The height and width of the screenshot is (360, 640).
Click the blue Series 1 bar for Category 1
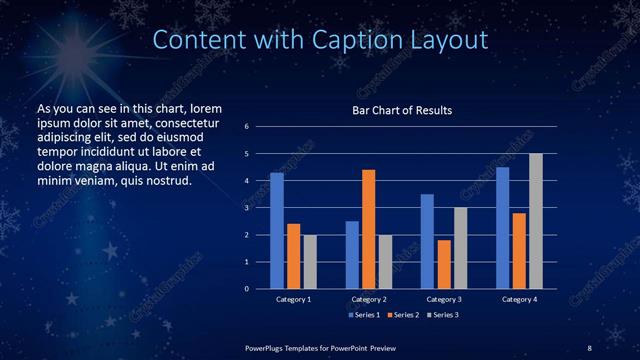[277, 231]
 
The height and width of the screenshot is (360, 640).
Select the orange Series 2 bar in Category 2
[368, 229]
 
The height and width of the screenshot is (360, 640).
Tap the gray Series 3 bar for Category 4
[535, 221]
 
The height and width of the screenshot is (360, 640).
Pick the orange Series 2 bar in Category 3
[443, 264]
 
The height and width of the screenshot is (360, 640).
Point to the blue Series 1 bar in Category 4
[502, 228]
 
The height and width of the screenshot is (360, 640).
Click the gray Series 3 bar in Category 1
[309, 262]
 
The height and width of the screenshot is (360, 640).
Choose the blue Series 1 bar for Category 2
[352, 255]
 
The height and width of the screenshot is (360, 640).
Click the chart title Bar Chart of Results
[402, 110]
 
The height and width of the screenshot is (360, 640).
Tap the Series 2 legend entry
[403, 315]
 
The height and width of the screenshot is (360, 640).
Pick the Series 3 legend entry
[442, 315]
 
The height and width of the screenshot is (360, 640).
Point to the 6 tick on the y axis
[246, 127]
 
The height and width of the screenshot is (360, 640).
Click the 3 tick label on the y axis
[246, 208]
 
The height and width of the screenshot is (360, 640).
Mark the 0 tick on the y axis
[246, 289]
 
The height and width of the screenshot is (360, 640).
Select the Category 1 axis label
[293, 299]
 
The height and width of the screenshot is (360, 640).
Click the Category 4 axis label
[518, 299]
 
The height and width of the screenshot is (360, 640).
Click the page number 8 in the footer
[589, 347]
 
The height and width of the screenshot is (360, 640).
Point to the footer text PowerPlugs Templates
[289, 347]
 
